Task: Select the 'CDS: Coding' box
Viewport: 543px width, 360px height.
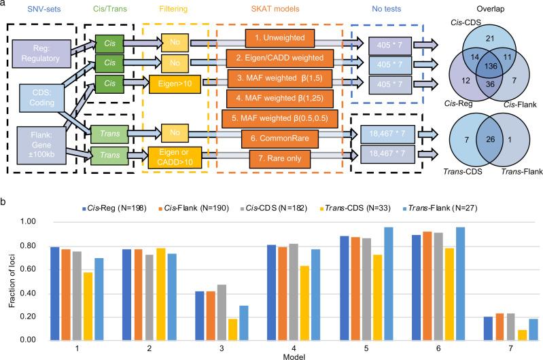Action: [42, 97]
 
